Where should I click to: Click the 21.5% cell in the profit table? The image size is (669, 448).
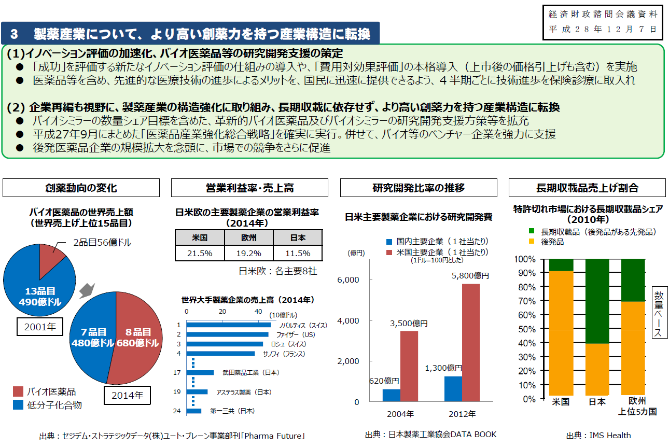(x=200, y=254)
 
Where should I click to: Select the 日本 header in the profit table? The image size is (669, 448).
(x=297, y=238)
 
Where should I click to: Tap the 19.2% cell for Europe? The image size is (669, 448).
(x=249, y=254)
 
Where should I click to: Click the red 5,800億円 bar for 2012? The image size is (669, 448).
(x=470, y=342)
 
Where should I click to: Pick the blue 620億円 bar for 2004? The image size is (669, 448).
(x=392, y=395)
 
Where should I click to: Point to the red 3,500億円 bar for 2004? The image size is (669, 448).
(x=409, y=366)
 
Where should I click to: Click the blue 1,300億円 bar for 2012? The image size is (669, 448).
(x=453, y=389)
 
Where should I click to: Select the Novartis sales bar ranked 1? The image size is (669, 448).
(x=228, y=325)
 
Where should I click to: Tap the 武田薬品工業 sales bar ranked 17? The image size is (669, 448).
(x=200, y=372)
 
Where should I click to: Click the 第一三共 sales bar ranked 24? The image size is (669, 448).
(x=194, y=411)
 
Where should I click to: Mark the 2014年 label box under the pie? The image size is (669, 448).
(x=127, y=395)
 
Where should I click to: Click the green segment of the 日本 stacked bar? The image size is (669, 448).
(x=597, y=301)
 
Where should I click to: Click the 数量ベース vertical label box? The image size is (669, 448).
(x=659, y=312)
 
